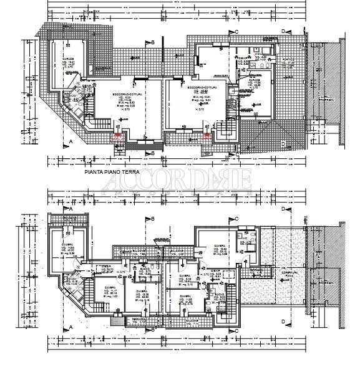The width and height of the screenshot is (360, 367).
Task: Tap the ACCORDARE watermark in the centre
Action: tap(180, 182)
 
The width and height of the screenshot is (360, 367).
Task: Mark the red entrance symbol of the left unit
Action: tap(117, 135)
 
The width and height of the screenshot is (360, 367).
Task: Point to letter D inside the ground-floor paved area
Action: tap(283, 144)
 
